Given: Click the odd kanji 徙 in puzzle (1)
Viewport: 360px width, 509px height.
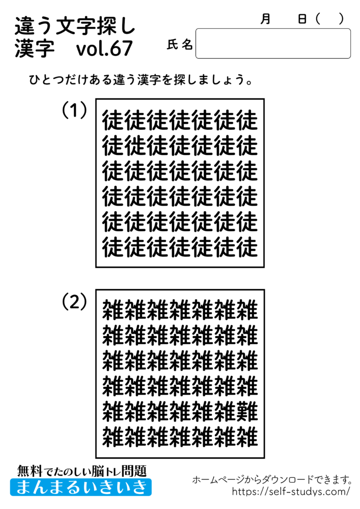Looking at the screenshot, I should point(136,146).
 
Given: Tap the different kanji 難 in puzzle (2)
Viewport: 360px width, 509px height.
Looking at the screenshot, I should point(247,411).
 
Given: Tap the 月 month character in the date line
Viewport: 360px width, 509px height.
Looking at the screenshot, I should point(266,19).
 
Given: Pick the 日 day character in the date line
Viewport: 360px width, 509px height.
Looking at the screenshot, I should point(302,19).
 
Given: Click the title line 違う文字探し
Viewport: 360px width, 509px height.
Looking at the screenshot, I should point(75,25).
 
